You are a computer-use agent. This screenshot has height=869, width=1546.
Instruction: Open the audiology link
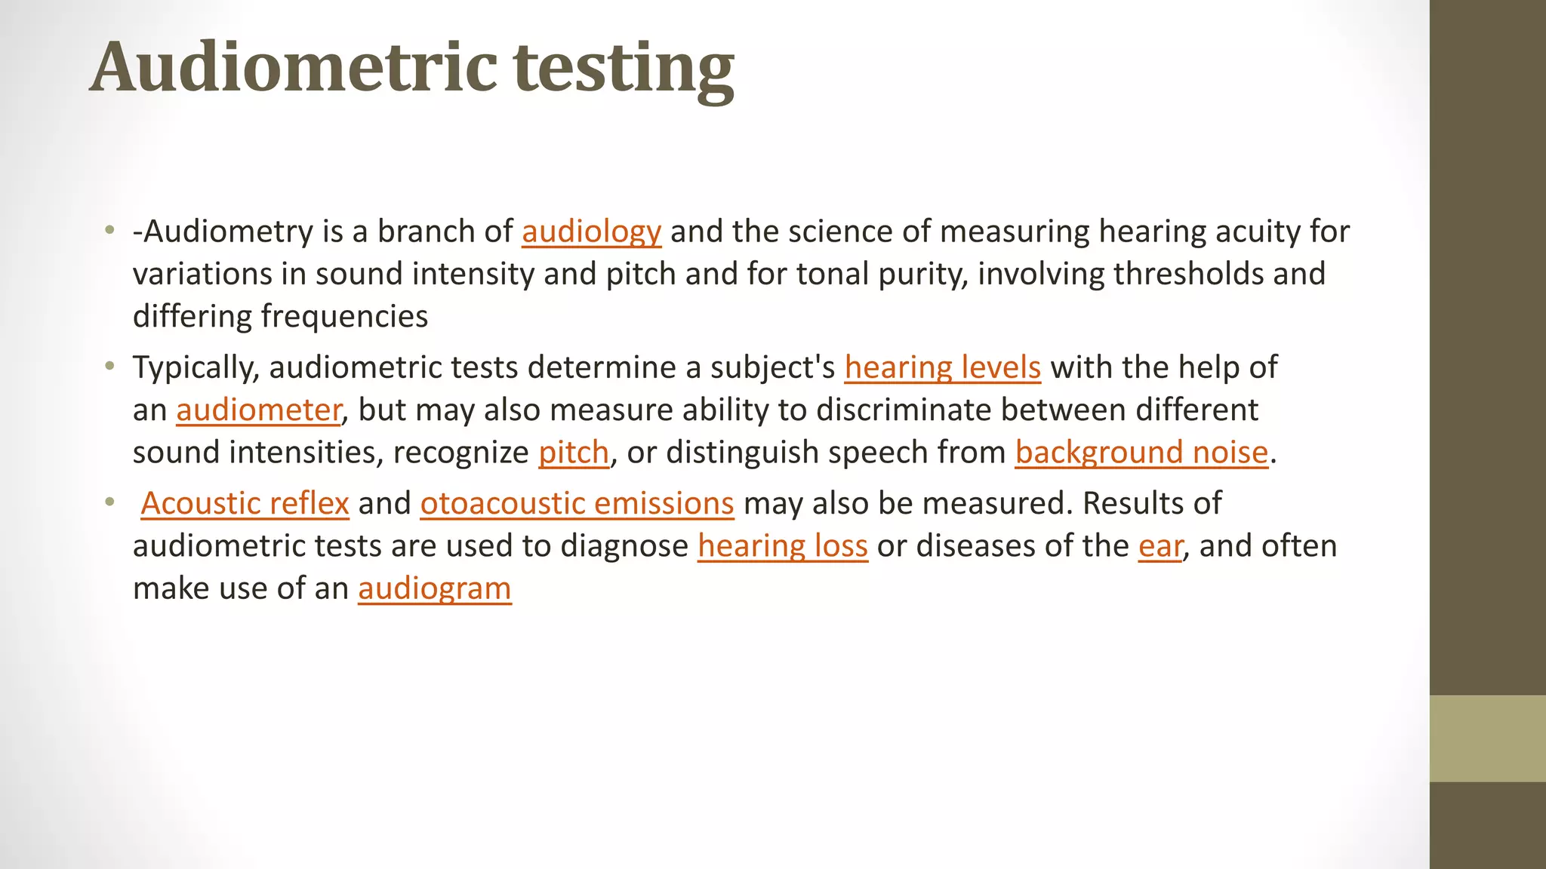(591, 232)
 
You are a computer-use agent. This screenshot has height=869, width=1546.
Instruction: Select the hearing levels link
(942, 367)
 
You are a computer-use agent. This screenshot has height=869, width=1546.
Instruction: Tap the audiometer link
(258, 410)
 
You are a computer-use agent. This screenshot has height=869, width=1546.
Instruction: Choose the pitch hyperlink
(573, 453)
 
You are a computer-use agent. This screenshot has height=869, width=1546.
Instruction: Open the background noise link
(1141, 453)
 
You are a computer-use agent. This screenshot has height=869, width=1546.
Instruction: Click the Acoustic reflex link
(245, 503)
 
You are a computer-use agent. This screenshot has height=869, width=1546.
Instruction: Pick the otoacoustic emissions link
(577, 503)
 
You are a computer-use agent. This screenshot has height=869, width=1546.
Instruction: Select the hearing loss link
(782, 546)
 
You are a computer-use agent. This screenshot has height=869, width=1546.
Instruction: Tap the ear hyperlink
(1160, 546)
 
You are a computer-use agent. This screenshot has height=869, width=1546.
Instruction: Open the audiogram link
(434, 588)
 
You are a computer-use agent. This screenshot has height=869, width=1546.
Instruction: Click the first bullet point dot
(110, 230)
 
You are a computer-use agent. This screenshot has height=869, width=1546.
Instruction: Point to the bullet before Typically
(110, 367)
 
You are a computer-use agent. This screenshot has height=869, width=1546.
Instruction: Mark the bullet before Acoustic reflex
(110, 502)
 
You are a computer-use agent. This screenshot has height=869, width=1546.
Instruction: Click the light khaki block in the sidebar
(1487, 738)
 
